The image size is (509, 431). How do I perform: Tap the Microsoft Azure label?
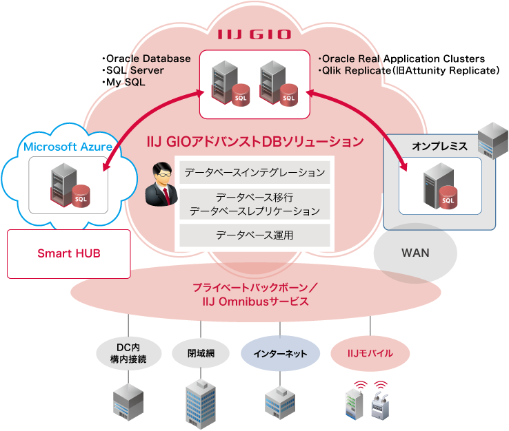68,147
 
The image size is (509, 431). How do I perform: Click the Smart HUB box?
68,253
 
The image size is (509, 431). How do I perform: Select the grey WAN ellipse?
415,253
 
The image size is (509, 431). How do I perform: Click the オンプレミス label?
439,147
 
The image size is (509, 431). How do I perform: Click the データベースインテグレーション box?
254,172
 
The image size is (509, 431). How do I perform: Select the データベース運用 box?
254,235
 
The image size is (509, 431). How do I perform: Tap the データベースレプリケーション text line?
254,211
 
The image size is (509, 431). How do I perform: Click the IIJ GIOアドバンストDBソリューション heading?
255,142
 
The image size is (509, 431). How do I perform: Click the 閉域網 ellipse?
201,353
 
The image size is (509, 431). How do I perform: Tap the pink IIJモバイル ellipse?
370,353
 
